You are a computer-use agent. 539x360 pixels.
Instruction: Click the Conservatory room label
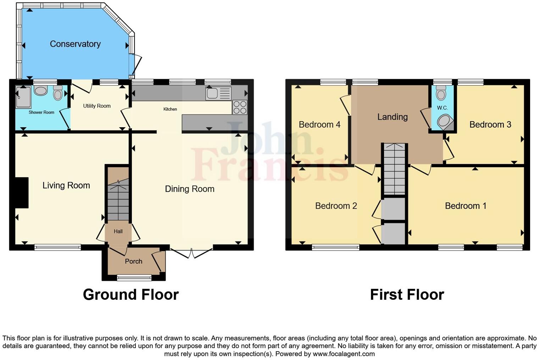pyautogui.click(x=75, y=44)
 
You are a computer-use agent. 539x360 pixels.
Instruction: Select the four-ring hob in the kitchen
pyautogui.click(x=240, y=107)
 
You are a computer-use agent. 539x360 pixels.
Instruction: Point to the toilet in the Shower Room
pyautogui.click(x=58, y=93)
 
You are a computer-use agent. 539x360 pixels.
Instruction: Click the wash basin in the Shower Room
pyautogui.click(x=40, y=90)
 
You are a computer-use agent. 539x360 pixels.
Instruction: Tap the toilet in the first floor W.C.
pyautogui.click(x=441, y=93)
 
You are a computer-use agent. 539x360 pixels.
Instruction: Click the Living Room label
pyautogui.click(x=66, y=185)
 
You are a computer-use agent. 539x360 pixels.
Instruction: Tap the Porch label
pyautogui.click(x=133, y=261)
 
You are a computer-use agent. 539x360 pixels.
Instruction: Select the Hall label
pyautogui.click(x=118, y=231)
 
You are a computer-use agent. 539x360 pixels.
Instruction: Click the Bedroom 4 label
pyautogui.click(x=319, y=125)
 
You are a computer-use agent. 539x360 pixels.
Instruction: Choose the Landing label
pyautogui.click(x=392, y=117)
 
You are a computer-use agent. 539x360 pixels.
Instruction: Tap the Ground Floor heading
pyautogui.click(x=131, y=295)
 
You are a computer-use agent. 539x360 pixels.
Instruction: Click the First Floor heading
pyautogui.click(x=407, y=295)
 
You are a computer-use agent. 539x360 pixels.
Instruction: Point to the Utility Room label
pyautogui.click(x=97, y=106)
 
